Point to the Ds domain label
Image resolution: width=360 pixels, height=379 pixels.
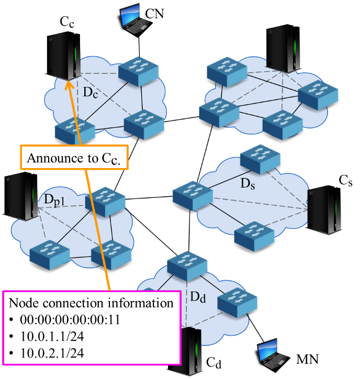tap(248, 184)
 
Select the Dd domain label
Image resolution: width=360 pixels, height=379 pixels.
tap(197, 297)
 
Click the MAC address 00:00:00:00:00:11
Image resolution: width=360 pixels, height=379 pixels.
tap(70, 319)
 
